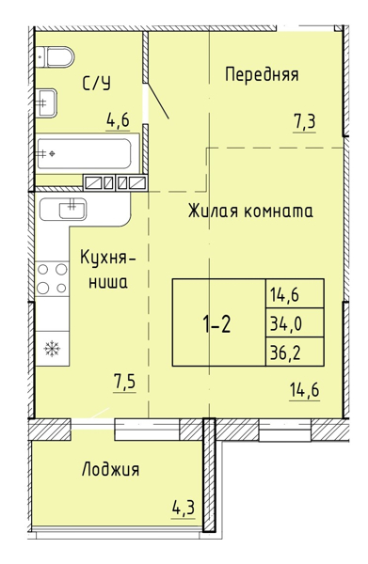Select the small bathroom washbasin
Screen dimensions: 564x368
click(x=47, y=97)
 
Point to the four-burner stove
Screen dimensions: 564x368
click(x=53, y=279)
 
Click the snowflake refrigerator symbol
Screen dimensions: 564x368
click(x=51, y=349)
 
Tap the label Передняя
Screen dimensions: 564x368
click(x=261, y=74)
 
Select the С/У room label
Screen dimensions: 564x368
click(x=95, y=86)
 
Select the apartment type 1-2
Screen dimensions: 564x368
click(x=218, y=325)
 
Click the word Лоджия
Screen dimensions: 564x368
click(x=111, y=469)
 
